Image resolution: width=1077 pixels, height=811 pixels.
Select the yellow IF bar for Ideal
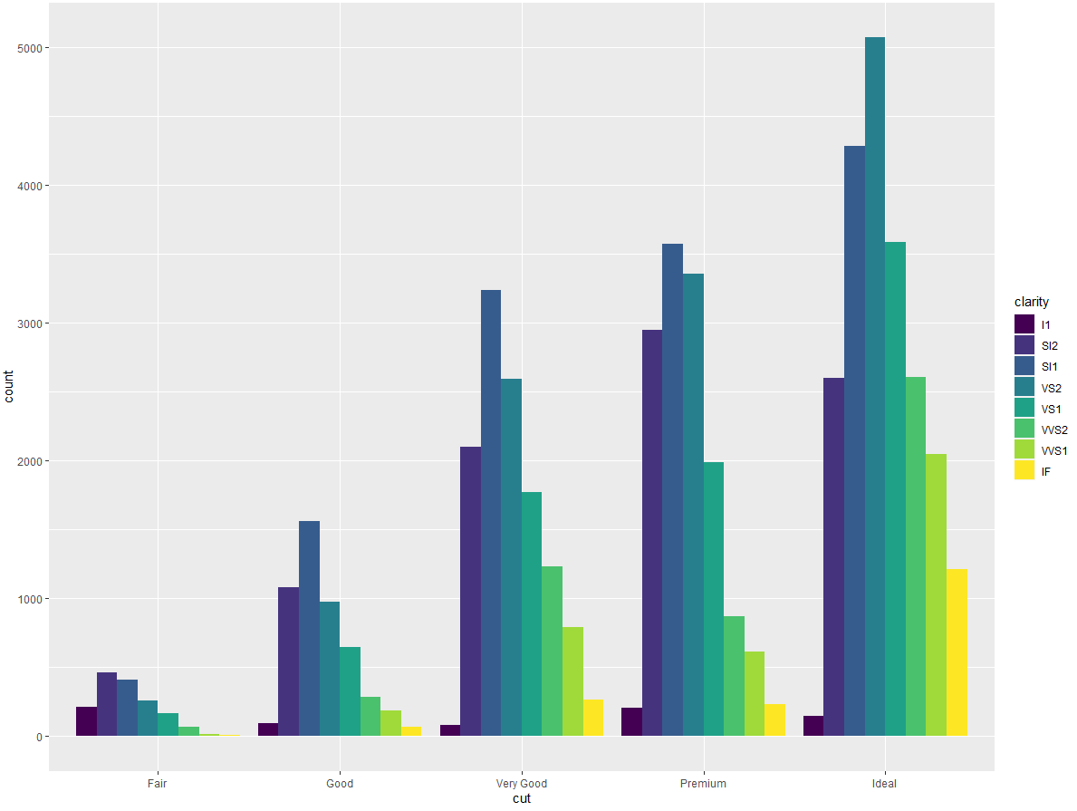point(957,652)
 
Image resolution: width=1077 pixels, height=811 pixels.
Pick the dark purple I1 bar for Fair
point(86,721)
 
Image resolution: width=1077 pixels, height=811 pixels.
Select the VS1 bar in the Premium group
point(713,599)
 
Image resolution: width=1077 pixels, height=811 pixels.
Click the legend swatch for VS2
point(1024,388)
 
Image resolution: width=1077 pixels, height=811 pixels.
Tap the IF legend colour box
point(1024,471)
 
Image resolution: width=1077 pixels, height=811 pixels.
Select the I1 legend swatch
point(1024,324)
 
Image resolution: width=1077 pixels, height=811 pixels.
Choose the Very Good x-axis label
point(522,784)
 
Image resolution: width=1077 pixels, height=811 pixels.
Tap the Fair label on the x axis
point(158,784)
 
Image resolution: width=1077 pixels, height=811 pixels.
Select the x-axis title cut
point(522,799)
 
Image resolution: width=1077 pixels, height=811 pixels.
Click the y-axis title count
point(9,387)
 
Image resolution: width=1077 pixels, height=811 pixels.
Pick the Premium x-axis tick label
point(703,784)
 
